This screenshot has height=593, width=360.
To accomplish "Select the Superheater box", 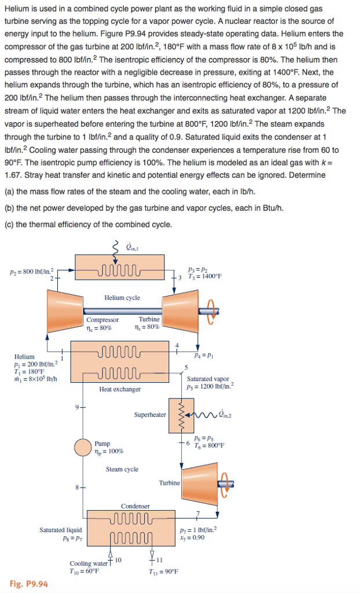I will [181, 415].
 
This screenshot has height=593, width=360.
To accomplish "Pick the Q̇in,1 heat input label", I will [133, 249].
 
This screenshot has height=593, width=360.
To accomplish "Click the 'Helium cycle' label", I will [122, 298].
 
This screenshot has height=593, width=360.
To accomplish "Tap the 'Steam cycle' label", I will [122, 469].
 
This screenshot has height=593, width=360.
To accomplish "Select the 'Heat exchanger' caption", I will [120, 389].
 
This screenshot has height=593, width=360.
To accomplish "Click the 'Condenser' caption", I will [135, 506].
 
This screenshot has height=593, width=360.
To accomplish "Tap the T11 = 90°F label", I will [163, 570].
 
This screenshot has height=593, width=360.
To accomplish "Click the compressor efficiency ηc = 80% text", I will [99, 328].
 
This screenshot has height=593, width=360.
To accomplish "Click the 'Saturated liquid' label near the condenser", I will [61, 530].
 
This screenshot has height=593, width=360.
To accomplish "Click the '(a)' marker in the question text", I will [9, 192].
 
